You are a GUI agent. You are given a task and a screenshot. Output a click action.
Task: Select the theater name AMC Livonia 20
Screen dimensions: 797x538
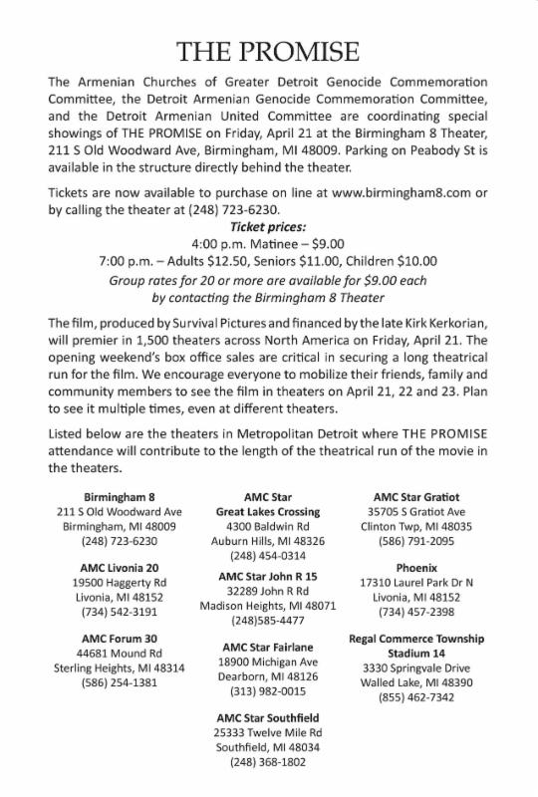point(119,567)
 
